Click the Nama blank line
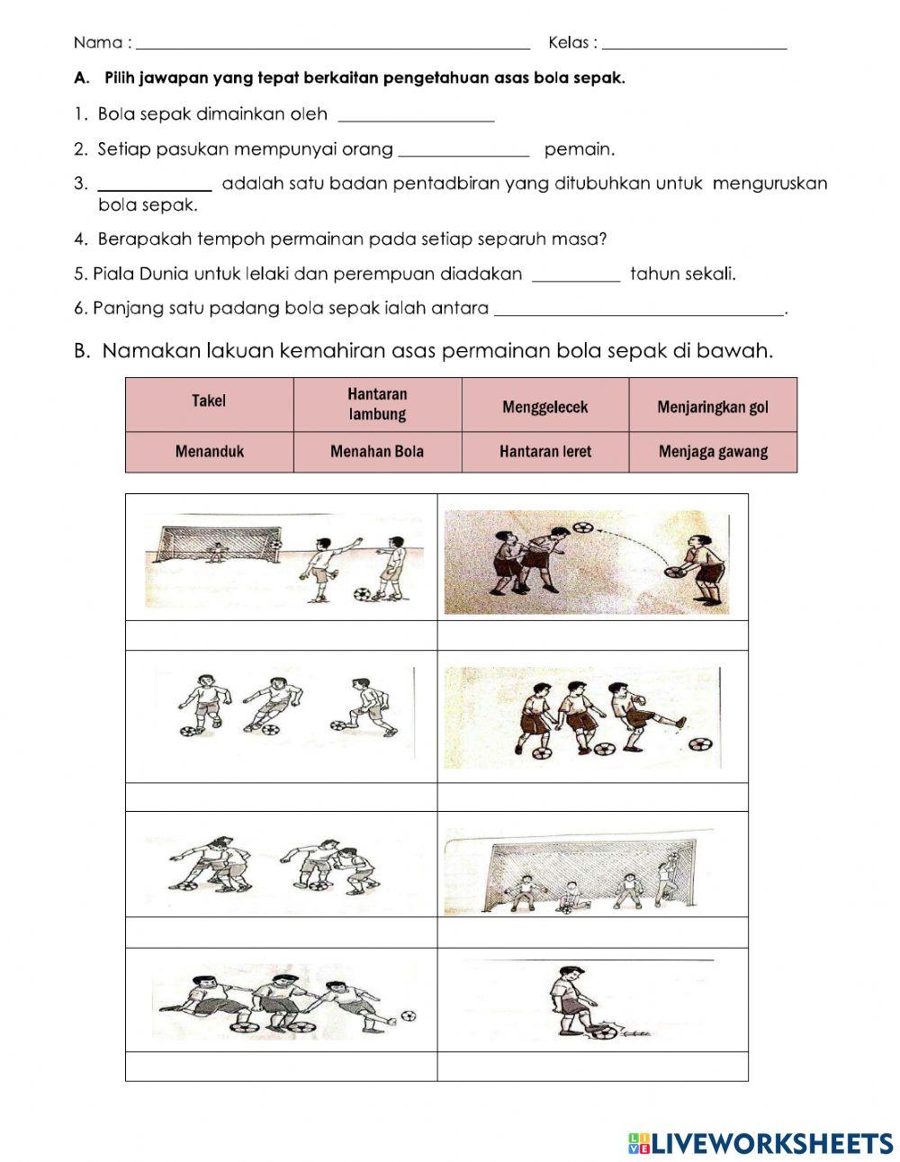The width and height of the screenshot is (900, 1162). click(x=333, y=45)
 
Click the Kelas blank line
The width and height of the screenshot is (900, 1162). click(x=695, y=45)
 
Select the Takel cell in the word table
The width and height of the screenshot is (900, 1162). click(x=209, y=402)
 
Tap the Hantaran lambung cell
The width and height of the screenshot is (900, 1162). click(x=377, y=404)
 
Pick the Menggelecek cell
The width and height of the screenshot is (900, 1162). click(x=544, y=407)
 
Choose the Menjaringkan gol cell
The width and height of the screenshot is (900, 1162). click(x=713, y=407)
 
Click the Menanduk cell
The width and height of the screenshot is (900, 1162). click(x=209, y=452)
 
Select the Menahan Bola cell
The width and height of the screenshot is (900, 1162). click(x=377, y=452)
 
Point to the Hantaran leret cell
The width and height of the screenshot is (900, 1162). click(x=544, y=452)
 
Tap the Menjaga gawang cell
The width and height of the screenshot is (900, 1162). click(x=713, y=452)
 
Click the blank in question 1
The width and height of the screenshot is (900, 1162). click(x=416, y=117)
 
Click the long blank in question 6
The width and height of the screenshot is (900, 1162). click(x=640, y=311)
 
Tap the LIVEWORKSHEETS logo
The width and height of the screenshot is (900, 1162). click(x=760, y=1143)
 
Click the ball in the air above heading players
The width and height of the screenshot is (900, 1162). click(x=584, y=527)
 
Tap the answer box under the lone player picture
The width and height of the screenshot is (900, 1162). click(x=592, y=1067)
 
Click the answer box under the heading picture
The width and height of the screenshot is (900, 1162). click(x=592, y=635)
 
